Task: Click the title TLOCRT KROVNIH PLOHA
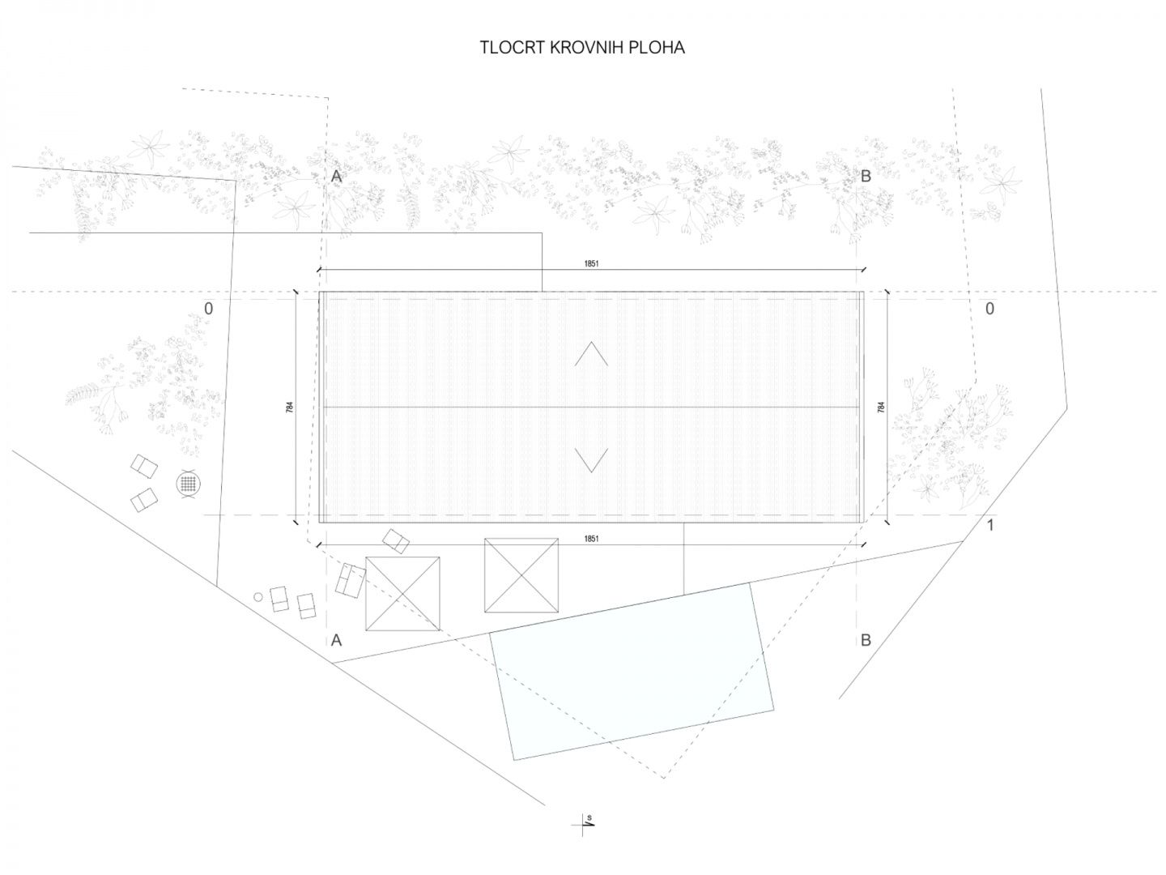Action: pos(582,48)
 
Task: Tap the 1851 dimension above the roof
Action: pos(591,263)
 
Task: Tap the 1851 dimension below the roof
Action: pos(591,539)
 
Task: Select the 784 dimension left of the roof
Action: pos(290,408)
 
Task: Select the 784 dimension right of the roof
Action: pos(881,408)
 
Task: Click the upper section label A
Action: pos(336,177)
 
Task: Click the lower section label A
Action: pos(336,641)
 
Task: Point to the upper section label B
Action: pos(866,177)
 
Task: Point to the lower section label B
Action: pos(866,641)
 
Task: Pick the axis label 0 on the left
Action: pos(209,309)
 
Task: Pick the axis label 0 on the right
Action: pos(989,309)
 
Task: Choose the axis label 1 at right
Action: pos(990,526)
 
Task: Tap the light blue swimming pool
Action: pos(632,672)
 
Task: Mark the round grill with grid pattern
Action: pos(189,484)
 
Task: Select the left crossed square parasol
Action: pos(402,593)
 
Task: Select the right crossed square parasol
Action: pos(521,575)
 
